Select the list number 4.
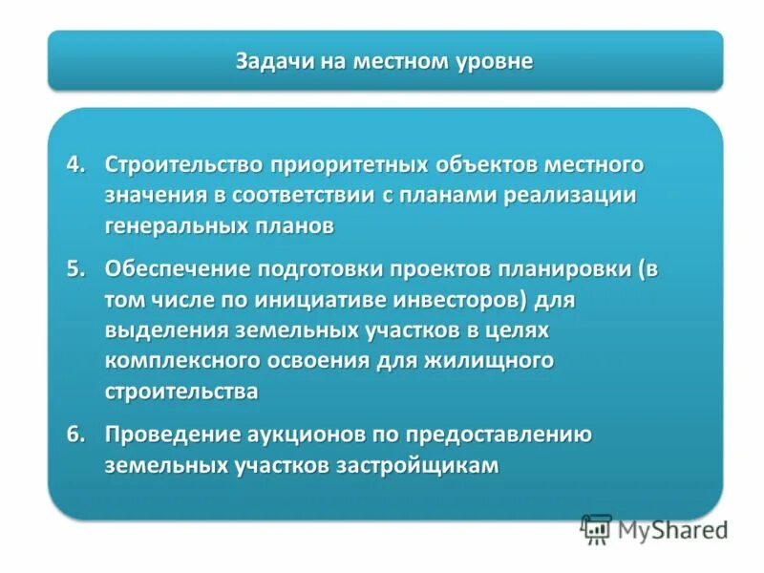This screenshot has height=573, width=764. pyautogui.click(x=76, y=164)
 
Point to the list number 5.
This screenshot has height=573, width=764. pyautogui.click(x=76, y=268)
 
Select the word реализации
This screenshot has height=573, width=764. pyautogui.click(x=582, y=196)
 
